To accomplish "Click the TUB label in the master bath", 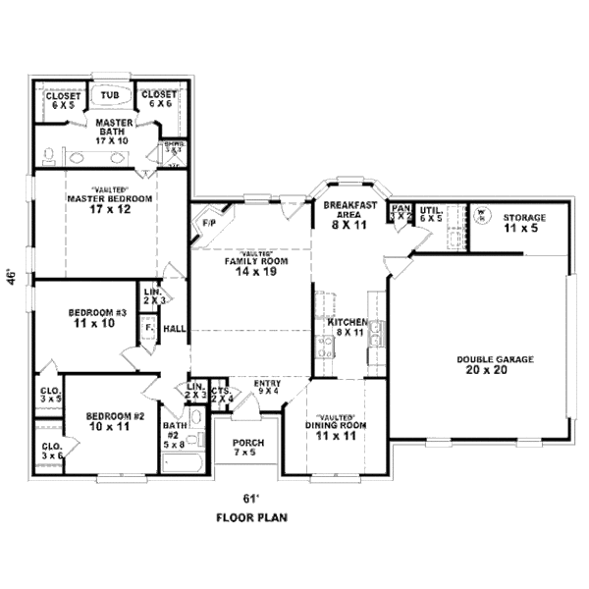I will [110, 95].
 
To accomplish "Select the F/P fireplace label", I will [208, 224].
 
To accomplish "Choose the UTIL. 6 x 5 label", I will [431, 214].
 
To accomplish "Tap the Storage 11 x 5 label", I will [524, 222].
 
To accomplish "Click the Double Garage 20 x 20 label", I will [495, 364].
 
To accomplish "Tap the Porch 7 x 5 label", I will [248, 448].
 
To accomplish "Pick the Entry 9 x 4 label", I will [267, 387].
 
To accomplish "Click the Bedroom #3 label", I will [97, 318].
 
